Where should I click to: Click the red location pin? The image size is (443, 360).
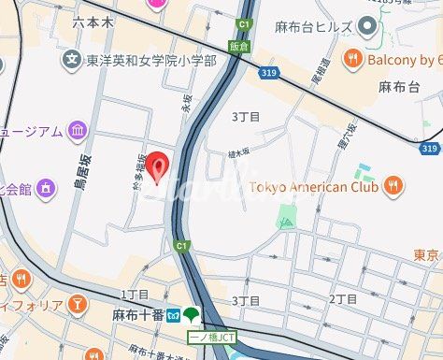click(x=160, y=166)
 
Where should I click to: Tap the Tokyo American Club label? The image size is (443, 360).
click(x=316, y=185)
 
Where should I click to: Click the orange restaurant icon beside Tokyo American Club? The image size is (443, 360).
click(x=395, y=185)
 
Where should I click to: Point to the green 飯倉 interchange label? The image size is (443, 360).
click(x=238, y=45)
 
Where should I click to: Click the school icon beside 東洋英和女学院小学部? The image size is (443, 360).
click(x=72, y=62)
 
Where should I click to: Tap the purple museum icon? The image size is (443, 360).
click(x=77, y=130)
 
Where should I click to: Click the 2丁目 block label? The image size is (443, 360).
click(x=343, y=299)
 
